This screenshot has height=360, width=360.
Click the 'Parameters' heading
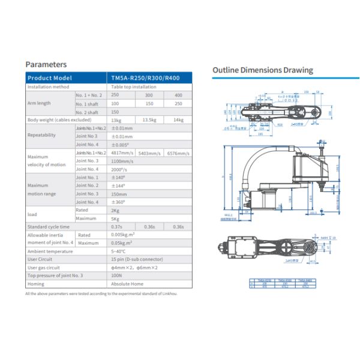point(46,64)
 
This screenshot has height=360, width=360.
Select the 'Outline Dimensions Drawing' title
point(262,70)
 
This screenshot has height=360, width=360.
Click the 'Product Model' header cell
point(50,78)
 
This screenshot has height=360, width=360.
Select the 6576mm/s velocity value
point(178,153)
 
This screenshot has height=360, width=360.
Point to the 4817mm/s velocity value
point(122,153)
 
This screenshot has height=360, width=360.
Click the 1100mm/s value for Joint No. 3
point(123,161)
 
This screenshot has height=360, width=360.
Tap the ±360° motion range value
point(118,202)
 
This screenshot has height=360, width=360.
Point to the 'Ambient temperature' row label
point(50,251)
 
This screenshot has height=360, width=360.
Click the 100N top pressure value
point(116,275)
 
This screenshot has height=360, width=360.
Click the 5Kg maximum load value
point(115,218)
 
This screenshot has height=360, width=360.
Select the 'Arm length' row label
point(39,103)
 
